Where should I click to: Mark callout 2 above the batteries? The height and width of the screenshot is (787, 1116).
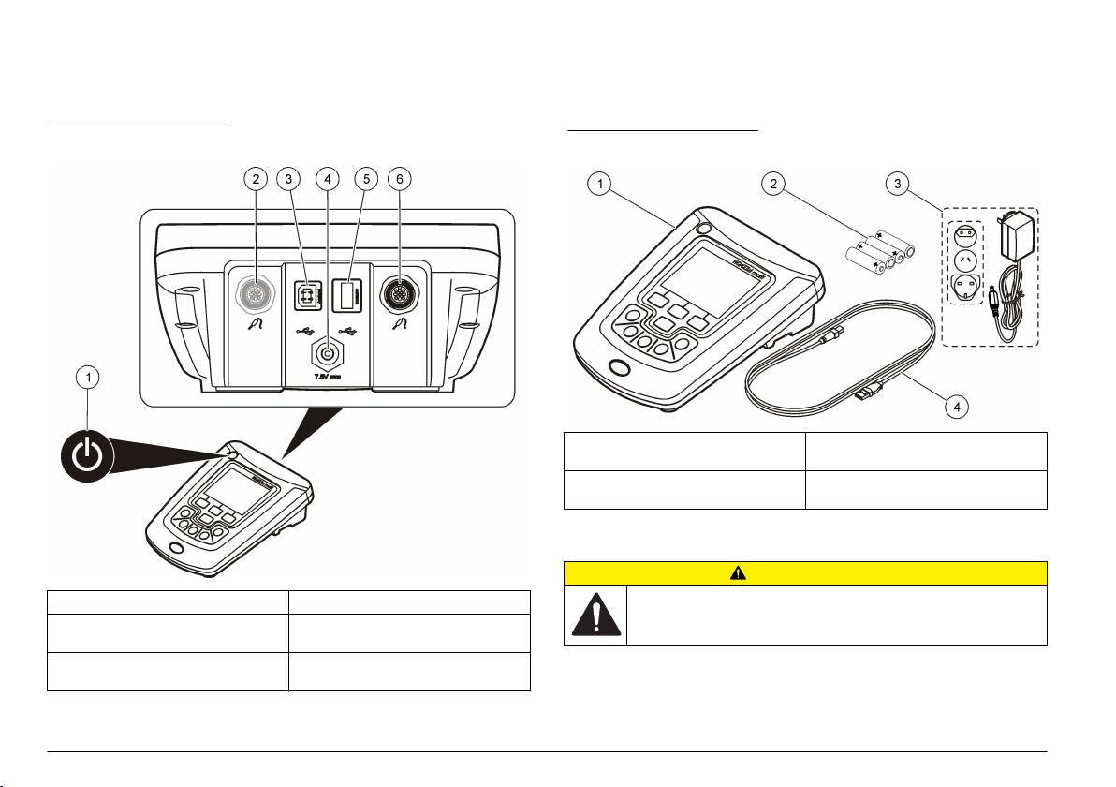(x=773, y=183)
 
